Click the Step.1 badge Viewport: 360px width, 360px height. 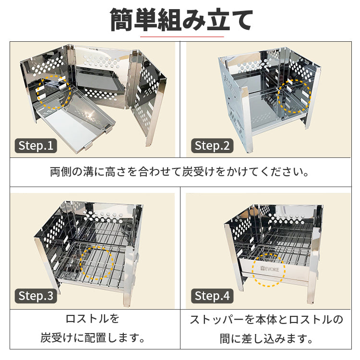click(x=36, y=145)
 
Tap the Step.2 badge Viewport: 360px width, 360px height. click(x=212, y=145)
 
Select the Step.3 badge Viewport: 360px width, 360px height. click(x=36, y=296)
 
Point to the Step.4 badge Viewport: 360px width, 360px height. click(x=212, y=296)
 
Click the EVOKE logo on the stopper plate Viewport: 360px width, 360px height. click(x=270, y=269)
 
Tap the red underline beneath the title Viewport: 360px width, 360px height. click(x=182, y=36)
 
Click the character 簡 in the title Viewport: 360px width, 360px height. click(x=121, y=20)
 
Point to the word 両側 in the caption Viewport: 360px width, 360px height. click(x=61, y=172)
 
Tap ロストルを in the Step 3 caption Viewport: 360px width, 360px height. click(x=92, y=319)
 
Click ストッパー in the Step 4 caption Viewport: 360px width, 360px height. click(x=217, y=319)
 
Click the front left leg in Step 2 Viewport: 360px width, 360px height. click(x=246, y=120)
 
